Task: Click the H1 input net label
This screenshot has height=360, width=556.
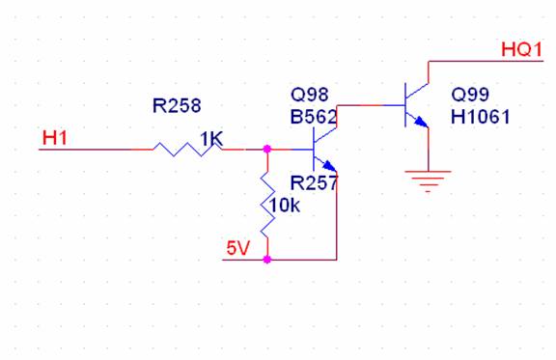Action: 54,138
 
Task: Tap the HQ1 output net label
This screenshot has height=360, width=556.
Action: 521,49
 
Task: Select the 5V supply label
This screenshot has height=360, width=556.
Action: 238,248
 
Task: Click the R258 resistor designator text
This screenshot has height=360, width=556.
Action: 177,105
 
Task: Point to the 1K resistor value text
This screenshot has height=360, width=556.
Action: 211,139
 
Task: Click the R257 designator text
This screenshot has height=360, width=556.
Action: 314,183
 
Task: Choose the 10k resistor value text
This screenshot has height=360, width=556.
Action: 285,205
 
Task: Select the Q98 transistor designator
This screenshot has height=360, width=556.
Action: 310,95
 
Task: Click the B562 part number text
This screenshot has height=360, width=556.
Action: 314,117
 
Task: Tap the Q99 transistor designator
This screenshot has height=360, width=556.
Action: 470,95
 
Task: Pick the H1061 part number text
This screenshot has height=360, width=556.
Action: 481,117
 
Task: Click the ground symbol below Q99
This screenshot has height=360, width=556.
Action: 428,181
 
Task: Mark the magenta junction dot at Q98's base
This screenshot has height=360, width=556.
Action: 267,149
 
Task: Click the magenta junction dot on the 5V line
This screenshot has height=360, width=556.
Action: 267,260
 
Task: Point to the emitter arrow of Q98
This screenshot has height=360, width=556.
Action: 329,166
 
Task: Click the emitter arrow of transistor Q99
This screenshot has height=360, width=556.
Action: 421,122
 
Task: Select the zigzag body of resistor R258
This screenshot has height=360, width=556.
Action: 187,150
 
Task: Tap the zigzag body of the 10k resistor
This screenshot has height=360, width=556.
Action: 267,205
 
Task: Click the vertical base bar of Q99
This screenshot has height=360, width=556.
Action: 405,105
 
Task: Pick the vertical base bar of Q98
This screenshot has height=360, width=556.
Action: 314,150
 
